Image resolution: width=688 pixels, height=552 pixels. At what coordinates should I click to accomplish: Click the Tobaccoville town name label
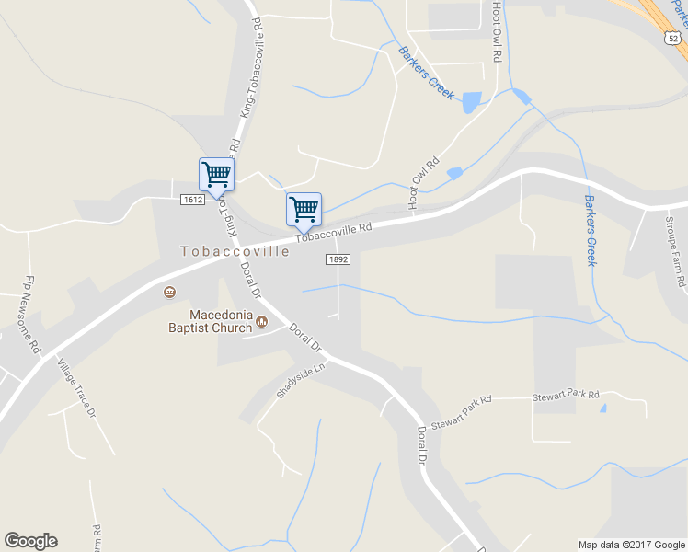click(235, 251)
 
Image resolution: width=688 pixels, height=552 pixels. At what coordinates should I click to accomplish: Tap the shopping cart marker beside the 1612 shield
click(216, 174)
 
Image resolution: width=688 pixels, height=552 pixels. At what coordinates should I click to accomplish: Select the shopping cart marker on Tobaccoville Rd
click(304, 209)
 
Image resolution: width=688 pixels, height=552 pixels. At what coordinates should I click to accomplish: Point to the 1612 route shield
click(192, 200)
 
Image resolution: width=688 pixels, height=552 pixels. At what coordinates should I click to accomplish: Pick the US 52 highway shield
click(672, 37)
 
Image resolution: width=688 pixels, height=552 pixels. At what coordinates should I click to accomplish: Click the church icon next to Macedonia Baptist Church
click(262, 322)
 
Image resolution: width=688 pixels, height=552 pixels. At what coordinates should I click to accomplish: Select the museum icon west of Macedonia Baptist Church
click(169, 293)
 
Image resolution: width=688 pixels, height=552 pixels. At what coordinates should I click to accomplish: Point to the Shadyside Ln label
click(302, 381)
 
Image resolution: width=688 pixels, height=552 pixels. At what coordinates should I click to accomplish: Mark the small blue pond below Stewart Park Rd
click(603, 408)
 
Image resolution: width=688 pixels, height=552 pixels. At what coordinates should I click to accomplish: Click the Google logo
click(30, 541)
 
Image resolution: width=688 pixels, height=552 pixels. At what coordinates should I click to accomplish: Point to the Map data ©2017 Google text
click(631, 545)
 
